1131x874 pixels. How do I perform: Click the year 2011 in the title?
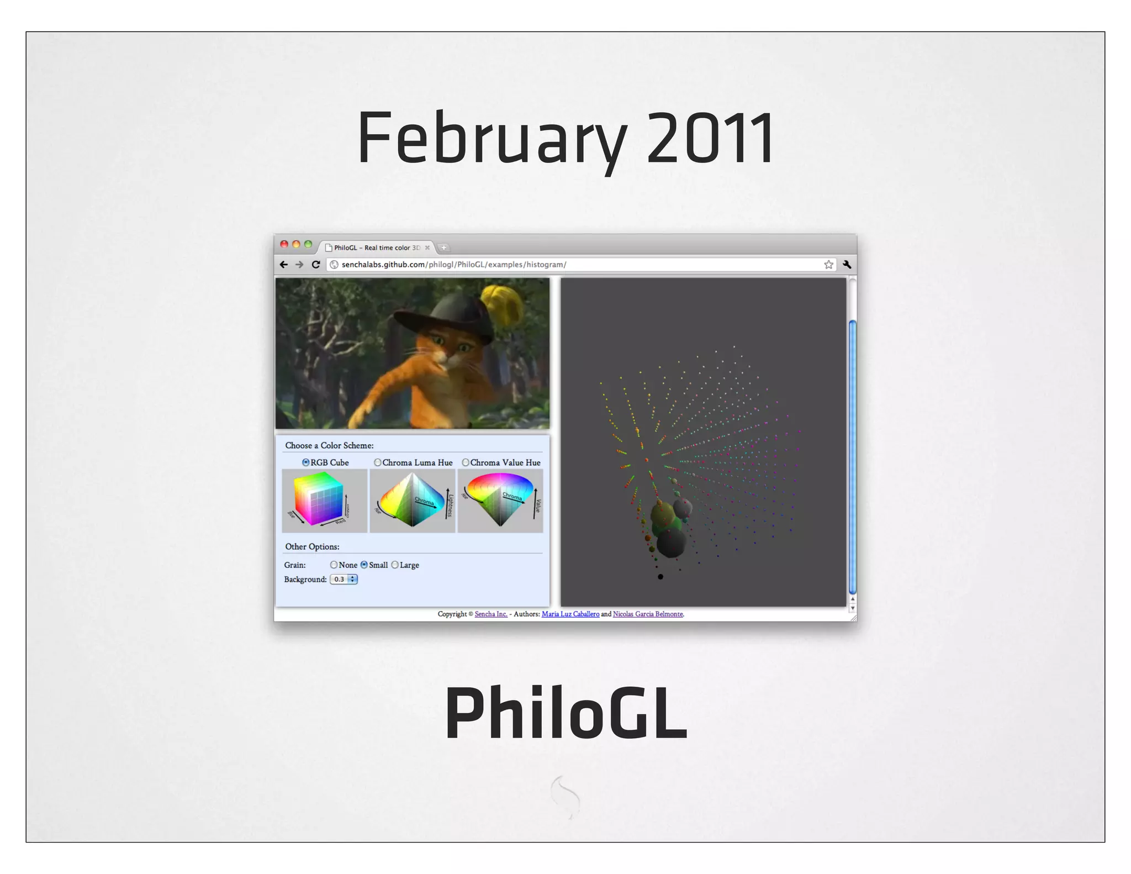click(711, 138)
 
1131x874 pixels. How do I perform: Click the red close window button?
click(284, 244)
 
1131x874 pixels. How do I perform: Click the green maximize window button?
click(308, 244)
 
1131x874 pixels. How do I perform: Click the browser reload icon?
click(316, 265)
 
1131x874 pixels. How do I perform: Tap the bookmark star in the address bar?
click(828, 265)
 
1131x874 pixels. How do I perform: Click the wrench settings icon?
click(847, 265)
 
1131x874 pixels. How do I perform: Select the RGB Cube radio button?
click(305, 462)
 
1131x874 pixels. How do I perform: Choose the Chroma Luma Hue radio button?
click(378, 462)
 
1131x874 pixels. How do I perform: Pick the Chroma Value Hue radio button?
click(466, 462)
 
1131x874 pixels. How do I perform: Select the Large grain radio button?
click(395, 565)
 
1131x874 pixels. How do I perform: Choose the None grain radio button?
click(334, 565)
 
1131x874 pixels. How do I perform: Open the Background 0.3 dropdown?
click(344, 579)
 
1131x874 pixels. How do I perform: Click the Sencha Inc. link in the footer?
click(491, 614)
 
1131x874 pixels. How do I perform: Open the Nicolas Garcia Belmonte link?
click(648, 614)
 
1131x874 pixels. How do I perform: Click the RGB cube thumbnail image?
click(324, 501)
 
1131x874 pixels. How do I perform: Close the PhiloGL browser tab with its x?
click(427, 248)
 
